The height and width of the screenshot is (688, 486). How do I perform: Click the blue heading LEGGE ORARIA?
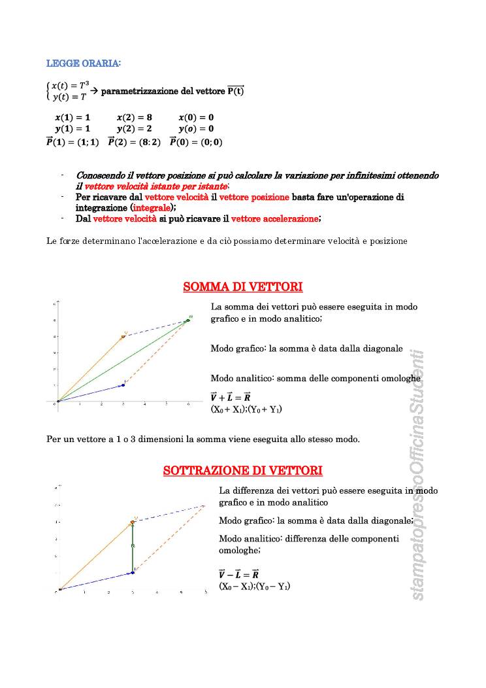84,63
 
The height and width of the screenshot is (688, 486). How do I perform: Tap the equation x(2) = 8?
135,117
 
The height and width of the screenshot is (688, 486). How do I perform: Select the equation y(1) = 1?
73,129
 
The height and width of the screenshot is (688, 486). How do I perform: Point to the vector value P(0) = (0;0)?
196,142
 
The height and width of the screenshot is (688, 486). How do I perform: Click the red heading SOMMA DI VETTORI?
242,287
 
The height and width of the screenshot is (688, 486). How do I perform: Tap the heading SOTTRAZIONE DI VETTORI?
242,471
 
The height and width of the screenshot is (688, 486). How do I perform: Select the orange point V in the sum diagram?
123,336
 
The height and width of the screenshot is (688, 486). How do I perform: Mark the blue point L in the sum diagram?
123,385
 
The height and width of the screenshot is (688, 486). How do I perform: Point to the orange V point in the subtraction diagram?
133,523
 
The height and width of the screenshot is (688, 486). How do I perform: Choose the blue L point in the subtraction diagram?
133,572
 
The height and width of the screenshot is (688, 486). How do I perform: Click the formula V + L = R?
235,397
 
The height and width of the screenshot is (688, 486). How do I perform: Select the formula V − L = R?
238,574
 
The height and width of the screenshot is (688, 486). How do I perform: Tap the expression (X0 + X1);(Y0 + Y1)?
246,409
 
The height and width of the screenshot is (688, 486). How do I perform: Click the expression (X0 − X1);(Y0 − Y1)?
254,587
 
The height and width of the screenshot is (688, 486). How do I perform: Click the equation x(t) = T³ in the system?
70,86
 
